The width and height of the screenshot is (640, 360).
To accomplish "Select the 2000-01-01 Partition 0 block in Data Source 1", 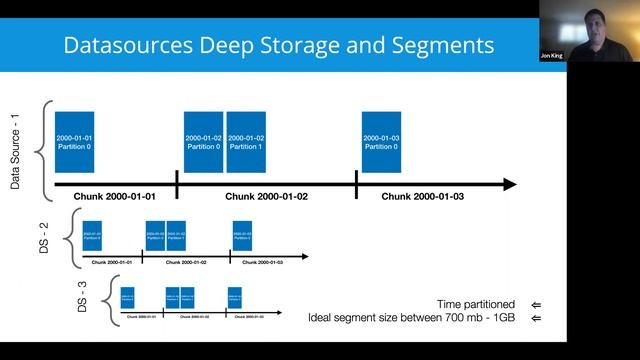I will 74,142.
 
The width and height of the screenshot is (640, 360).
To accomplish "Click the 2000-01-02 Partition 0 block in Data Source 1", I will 203,142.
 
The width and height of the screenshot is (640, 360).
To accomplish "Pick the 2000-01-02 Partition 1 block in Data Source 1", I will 246,142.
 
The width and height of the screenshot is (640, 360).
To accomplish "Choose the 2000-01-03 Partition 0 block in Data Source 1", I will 382,142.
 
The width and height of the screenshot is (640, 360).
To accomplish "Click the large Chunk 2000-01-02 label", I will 266,197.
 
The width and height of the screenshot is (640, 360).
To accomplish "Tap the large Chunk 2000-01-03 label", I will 423,197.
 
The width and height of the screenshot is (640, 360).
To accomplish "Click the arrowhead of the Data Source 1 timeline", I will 509,184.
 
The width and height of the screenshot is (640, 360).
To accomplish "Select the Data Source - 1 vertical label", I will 16,150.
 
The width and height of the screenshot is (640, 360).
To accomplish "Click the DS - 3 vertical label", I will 88,296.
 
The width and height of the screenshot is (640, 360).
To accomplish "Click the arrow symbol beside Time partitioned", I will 536,304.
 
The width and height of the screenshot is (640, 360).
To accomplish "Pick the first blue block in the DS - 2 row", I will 92,234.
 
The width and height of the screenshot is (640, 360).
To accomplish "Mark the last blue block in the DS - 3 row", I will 235,297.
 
